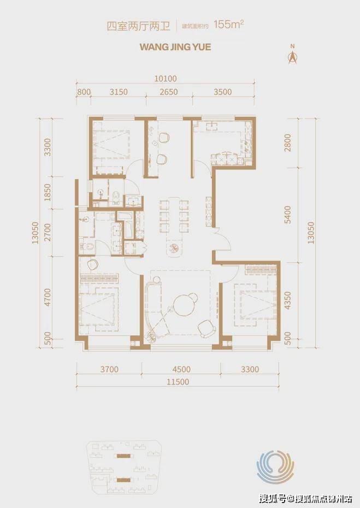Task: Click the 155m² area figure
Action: point(228,25)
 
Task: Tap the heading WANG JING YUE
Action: point(175,47)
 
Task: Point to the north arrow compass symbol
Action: point(293,55)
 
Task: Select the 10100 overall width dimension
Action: point(166,79)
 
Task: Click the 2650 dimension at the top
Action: point(169,92)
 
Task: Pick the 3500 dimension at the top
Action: point(223,92)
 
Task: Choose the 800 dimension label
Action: point(84,92)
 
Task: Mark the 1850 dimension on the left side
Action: point(48,192)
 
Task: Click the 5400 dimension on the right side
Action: point(287,215)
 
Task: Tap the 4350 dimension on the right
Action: point(287,300)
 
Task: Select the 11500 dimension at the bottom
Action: point(178,382)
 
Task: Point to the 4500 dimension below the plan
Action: point(181,369)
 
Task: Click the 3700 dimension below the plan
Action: point(109,369)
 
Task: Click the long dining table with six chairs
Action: point(174,215)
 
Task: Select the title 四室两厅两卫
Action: point(139,26)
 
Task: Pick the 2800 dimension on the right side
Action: point(287,143)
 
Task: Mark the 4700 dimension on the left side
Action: point(48,297)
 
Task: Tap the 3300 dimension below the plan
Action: point(250,369)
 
